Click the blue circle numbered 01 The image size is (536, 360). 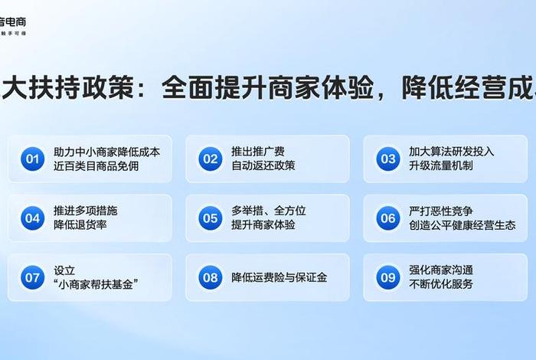[x=32, y=159]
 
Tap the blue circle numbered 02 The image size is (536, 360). [x=210, y=159]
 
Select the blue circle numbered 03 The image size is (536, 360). [x=387, y=159]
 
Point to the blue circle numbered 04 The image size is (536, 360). [x=32, y=218]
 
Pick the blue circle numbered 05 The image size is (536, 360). [x=210, y=218]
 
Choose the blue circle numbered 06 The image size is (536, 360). [x=387, y=218]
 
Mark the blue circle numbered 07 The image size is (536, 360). [x=32, y=277]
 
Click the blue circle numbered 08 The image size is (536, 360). [x=210, y=277]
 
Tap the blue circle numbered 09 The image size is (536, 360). [x=387, y=277]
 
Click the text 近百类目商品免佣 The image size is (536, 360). [x=96, y=166]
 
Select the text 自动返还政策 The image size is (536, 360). [x=263, y=166]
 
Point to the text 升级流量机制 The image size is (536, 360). [x=440, y=166]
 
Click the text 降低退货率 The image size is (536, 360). [x=80, y=225]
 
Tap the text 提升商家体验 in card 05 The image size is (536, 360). [x=263, y=225]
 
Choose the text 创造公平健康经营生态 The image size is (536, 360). [x=462, y=225]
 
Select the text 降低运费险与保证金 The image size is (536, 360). [x=279, y=277]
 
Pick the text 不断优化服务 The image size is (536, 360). [x=440, y=284]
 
